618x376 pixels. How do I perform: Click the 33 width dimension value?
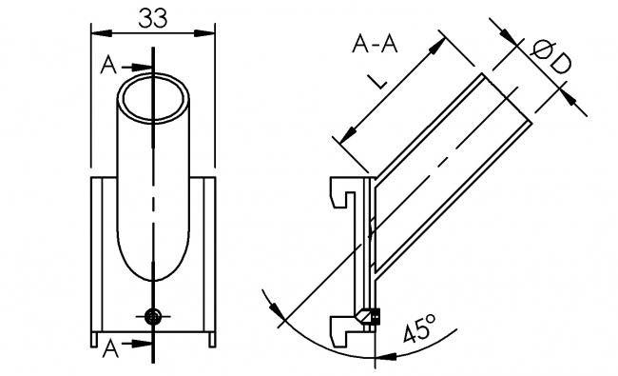pos(152,18)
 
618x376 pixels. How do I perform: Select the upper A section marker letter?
pos(109,66)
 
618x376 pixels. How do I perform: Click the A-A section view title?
pos(376,44)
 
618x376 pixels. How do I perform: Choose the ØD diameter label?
pos(549,58)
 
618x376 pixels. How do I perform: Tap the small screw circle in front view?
pos(152,317)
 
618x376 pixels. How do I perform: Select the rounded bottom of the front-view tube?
pos(152,271)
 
